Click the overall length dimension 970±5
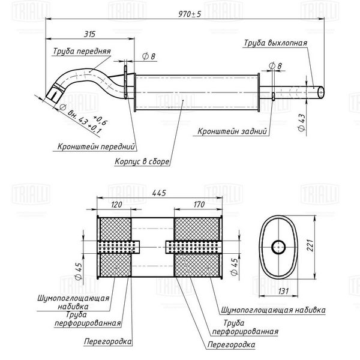click(x=190, y=14)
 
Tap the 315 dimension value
click(x=89, y=34)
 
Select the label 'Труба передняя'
click(x=82, y=51)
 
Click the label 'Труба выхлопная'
click(x=275, y=43)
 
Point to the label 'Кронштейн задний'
click(x=232, y=131)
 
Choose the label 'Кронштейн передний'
click(x=96, y=146)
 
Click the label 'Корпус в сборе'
click(x=142, y=161)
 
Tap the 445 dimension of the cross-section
click(x=159, y=193)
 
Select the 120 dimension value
click(x=116, y=205)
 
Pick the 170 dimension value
click(x=199, y=205)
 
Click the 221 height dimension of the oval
click(x=310, y=245)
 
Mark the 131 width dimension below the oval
click(x=283, y=291)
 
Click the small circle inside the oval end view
click(x=278, y=247)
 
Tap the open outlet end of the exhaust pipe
click(x=321, y=92)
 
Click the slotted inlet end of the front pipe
click(x=54, y=94)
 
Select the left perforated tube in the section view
click(x=119, y=247)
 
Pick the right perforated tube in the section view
click(x=194, y=247)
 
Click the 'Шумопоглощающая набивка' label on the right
click(x=273, y=310)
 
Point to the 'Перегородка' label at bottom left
click(x=108, y=341)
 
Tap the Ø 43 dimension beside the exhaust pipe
click(x=302, y=122)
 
